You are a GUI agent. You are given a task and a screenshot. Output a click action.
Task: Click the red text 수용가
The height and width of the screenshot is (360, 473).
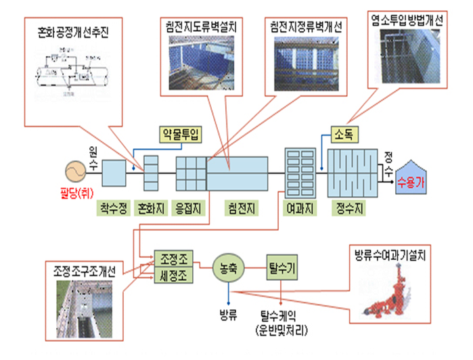coord(411,181)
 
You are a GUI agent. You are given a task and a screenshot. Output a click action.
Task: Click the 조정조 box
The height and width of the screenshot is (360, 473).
coord(173,258)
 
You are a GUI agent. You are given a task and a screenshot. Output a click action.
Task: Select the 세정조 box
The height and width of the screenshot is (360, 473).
coord(173,275)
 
